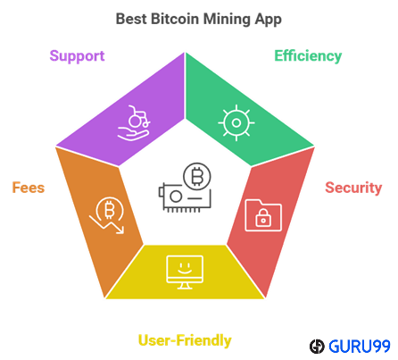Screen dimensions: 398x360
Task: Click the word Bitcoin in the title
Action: pos(175,19)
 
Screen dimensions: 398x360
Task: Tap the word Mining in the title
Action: pos(227,20)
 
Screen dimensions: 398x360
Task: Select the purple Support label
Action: pos(77,56)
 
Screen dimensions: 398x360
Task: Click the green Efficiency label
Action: pos(308,56)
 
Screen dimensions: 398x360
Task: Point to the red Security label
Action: pos(353,188)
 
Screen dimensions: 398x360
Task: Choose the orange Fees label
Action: pos(29,188)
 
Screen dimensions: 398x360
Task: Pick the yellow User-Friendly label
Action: pos(185,340)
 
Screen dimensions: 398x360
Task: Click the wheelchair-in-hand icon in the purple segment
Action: pos(134,122)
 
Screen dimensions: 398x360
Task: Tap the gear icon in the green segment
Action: pos(236,122)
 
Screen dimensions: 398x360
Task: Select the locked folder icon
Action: pos(263,215)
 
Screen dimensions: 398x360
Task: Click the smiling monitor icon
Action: pos(185,272)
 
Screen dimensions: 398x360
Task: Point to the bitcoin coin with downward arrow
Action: pos(108,214)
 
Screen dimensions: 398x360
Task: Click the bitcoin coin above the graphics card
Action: pos(197,177)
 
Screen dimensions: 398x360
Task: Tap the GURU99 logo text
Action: pos(360,347)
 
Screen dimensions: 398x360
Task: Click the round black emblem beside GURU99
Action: pos(317,347)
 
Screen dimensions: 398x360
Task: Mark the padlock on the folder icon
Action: pos(263,218)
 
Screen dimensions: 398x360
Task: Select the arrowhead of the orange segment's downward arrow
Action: pos(120,230)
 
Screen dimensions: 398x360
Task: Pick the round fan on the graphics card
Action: pos(176,197)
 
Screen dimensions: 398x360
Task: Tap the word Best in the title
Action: pos(131,19)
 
